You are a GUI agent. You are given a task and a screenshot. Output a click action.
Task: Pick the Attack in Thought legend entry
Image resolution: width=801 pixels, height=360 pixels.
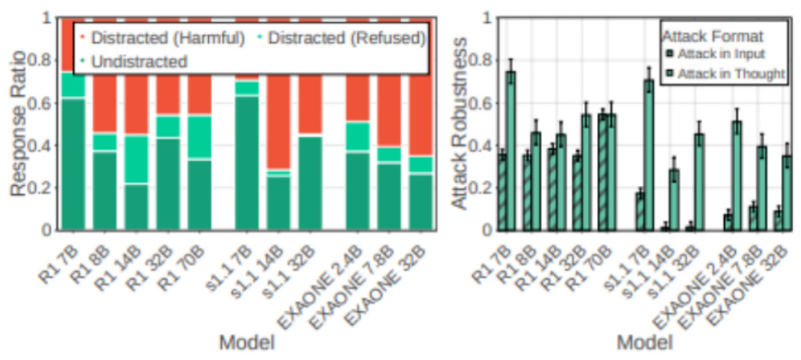coord(723,72)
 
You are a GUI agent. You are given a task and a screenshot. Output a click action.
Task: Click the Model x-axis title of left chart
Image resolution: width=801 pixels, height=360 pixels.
coord(247,343)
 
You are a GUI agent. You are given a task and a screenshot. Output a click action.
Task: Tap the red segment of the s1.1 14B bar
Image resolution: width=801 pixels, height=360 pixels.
coord(278,119)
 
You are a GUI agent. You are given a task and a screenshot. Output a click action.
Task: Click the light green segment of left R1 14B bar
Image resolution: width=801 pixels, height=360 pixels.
coord(137,159)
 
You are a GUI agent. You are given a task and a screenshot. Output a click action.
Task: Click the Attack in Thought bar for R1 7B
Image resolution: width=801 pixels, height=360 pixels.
coord(511,151)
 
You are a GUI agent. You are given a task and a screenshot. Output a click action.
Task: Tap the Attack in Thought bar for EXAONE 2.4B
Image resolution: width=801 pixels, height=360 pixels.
coord(738,176)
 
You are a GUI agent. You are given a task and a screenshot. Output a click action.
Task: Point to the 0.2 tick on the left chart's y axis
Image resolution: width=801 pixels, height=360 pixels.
coord(44,188)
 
